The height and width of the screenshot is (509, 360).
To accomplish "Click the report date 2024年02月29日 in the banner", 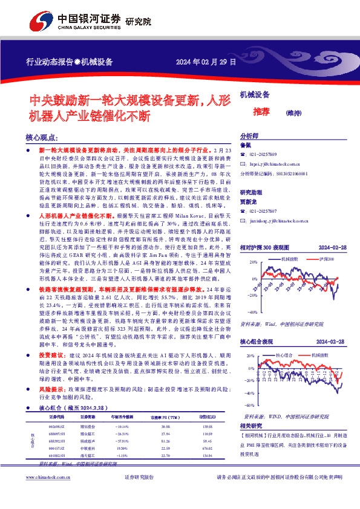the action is pos(205,62).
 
